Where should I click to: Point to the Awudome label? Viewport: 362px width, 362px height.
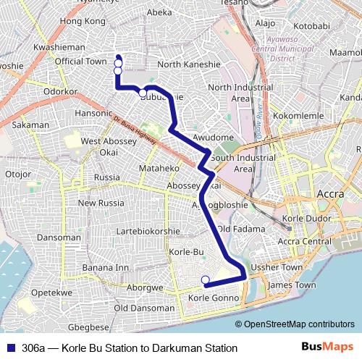pyautogui.click(x=213, y=138)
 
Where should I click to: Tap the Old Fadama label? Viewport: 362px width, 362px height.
pyautogui.click(x=238, y=229)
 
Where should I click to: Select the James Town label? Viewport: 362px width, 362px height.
pyautogui.click(x=291, y=285)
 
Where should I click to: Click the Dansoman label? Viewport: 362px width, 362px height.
pyautogui.click(x=59, y=237)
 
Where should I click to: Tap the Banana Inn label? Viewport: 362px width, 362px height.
pyautogui.click(x=105, y=267)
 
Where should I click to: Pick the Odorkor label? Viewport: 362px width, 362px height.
pyautogui.click(x=60, y=92)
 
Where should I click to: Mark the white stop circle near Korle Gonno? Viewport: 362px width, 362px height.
pyautogui.click(x=205, y=280)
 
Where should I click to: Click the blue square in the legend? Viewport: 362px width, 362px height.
pyautogui.click(x=9, y=348)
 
